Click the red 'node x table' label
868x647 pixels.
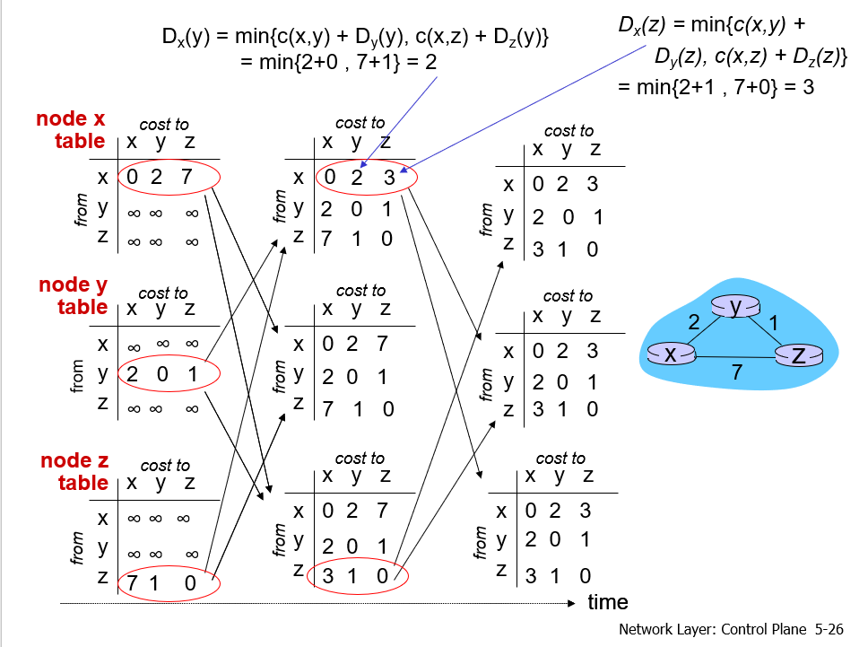pyautogui.click(x=71, y=130)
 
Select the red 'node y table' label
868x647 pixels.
pyautogui.click(x=73, y=296)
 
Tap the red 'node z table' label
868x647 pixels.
pyautogui.click(x=74, y=472)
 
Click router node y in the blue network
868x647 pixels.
pyautogui.click(x=735, y=308)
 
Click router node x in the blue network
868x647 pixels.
pyautogui.click(x=670, y=354)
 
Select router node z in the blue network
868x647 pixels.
pyautogui.click(x=798, y=355)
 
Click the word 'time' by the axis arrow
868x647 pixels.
pyautogui.click(x=607, y=602)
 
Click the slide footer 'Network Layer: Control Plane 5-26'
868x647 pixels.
pyautogui.click(x=731, y=629)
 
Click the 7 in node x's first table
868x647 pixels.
pyautogui.click(x=186, y=177)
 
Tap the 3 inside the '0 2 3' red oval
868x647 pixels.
pyautogui.click(x=389, y=178)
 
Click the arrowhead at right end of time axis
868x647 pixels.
pyautogui.click(x=571, y=603)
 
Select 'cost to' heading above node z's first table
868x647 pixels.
pyautogui.click(x=165, y=465)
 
